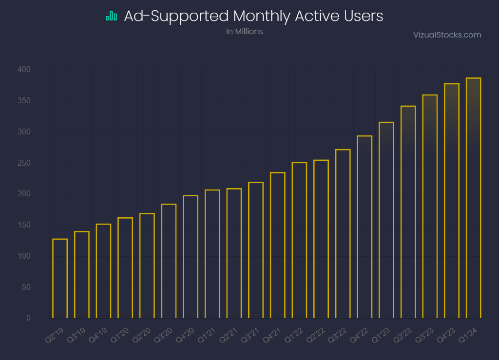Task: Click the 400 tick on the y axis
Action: pos(24,69)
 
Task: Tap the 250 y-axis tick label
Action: pos(24,163)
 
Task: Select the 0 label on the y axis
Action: pos(28,318)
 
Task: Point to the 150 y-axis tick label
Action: pos(24,225)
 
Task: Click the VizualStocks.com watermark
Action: pos(447,35)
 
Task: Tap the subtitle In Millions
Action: pos(245,32)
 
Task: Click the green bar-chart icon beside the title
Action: pos(112,16)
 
